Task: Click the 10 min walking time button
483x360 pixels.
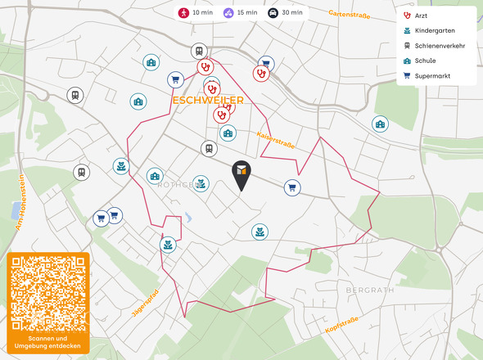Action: click(x=196, y=12)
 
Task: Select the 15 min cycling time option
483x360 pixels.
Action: click(x=241, y=12)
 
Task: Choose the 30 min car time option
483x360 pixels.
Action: click(x=286, y=12)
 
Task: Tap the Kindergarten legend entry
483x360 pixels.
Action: click(x=431, y=31)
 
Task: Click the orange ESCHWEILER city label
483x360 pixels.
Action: click(x=208, y=100)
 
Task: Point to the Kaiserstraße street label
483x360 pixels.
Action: click(x=275, y=140)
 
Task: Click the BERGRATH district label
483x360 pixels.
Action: click(x=370, y=290)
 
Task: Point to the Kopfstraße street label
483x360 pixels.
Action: click(x=342, y=324)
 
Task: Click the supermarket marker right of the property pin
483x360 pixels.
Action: click(x=291, y=188)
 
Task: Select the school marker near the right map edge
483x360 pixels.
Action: click(x=380, y=124)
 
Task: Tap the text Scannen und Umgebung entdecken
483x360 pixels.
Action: click(x=48, y=342)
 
